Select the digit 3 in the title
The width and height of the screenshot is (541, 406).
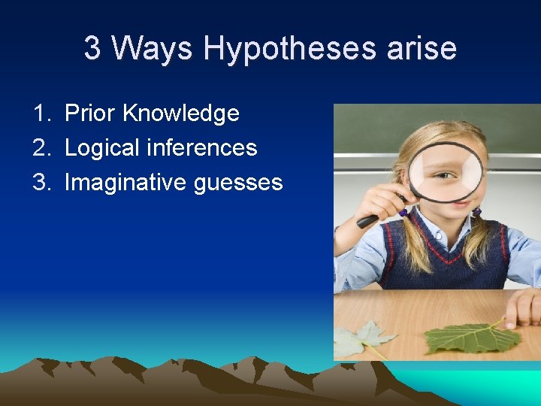pyautogui.click(x=92, y=48)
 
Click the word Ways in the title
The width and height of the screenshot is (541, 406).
pyautogui.click(x=153, y=48)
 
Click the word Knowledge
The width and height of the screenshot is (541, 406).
pyautogui.click(x=180, y=114)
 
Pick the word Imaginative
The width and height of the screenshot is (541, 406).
pyautogui.click(x=125, y=183)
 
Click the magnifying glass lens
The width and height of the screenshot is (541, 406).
pyautogui.click(x=445, y=172)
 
